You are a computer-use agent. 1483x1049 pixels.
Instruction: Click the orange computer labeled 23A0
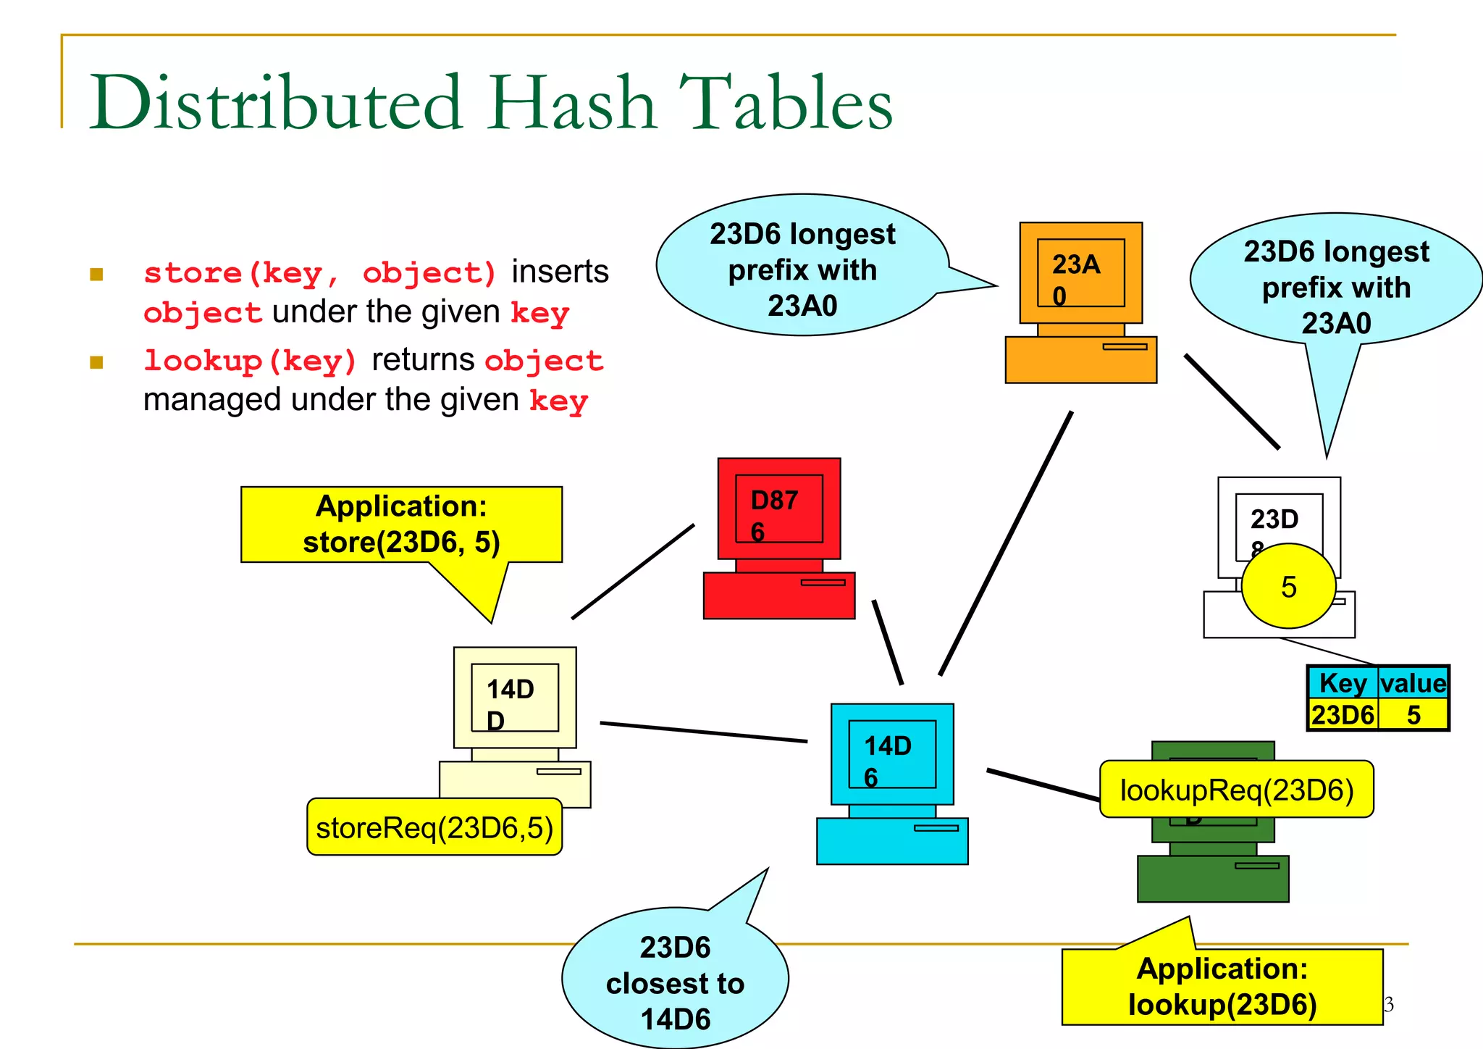coord(1080,302)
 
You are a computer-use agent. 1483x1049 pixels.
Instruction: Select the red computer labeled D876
coord(779,538)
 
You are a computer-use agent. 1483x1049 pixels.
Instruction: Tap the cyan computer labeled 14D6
coord(892,783)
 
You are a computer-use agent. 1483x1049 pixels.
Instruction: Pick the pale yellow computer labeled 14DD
coord(515,727)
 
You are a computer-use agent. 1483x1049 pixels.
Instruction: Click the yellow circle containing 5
coord(1288,586)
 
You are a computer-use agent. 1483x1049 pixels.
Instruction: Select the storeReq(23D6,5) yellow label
coord(434,827)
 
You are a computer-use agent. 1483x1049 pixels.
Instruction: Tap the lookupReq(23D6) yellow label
coord(1236,790)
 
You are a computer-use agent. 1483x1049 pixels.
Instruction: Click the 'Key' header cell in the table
coord(1343,683)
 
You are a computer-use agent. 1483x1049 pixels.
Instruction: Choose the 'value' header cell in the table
coord(1413,683)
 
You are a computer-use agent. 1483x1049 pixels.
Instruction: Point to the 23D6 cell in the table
coord(1343,715)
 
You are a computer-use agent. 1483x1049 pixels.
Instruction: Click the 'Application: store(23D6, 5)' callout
coord(401,524)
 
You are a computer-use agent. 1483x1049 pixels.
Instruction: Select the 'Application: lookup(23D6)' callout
coord(1222,986)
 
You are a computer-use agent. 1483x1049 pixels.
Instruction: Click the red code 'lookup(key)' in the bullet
coord(250,361)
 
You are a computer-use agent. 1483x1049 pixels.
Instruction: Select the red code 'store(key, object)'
coord(319,273)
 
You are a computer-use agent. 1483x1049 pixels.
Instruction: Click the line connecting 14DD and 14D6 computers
coord(703,732)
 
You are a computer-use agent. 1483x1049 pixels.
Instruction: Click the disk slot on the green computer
coord(1257,866)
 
